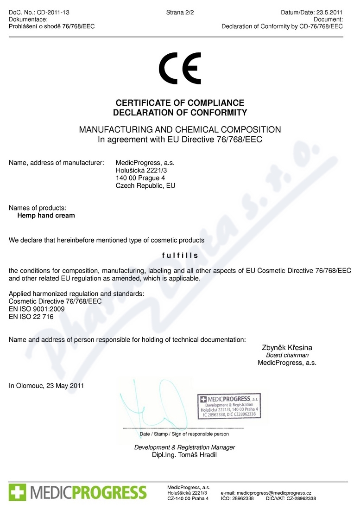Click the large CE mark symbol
pos(180,68)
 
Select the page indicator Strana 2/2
pos(180,13)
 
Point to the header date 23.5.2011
pos(329,13)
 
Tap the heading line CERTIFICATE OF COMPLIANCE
pos(180,103)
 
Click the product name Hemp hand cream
pos(46,216)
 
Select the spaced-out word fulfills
pos(180,255)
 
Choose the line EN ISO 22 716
pos(31,317)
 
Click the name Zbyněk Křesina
pos(287,347)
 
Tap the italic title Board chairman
pos(287,355)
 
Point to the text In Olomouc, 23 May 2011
pos(46,385)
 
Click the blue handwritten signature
pos(148,403)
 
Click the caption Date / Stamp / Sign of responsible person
pos(184,434)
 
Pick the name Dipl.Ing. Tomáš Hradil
pos(184,455)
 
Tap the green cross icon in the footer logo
pos(18,492)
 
